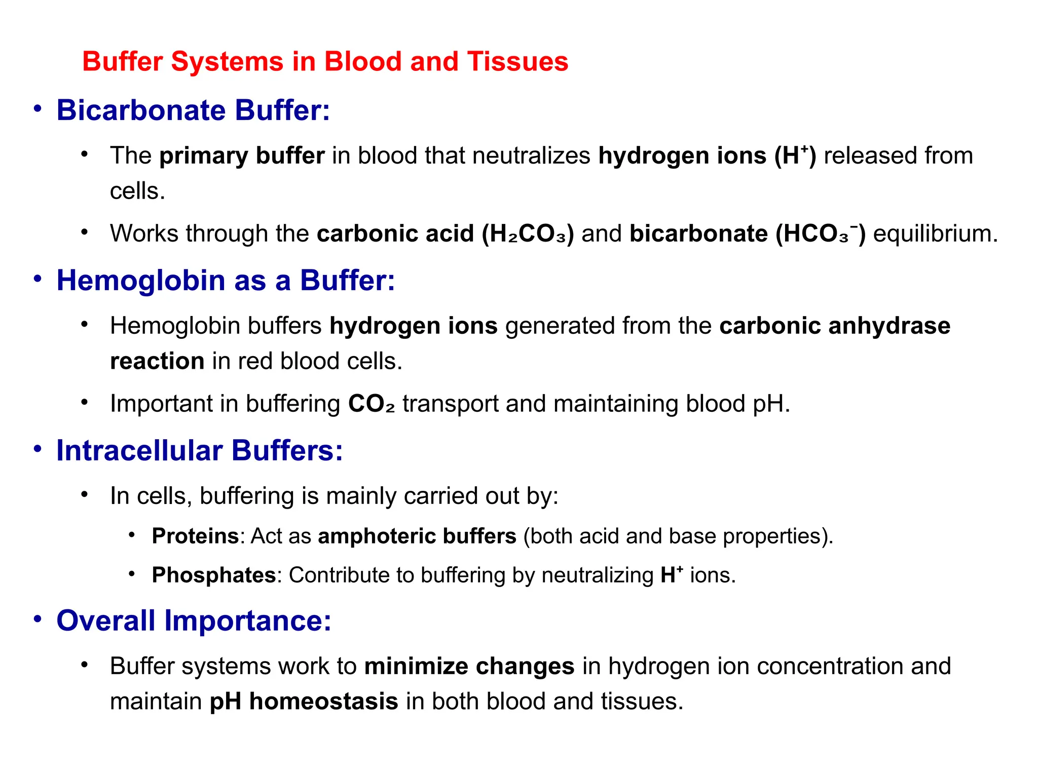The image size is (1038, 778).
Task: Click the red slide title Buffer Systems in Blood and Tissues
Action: pyautogui.click(x=325, y=62)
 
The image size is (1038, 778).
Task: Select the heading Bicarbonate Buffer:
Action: pyautogui.click(x=193, y=110)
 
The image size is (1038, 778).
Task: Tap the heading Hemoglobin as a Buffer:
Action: pyautogui.click(x=226, y=281)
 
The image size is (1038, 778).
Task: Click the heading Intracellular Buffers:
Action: pyautogui.click(x=200, y=451)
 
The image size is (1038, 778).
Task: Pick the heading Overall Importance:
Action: pyautogui.click(x=194, y=621)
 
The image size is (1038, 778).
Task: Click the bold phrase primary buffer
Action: pyautogui.click(x=242, y=156)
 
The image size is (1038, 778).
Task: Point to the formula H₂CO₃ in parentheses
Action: pyautogui.click(x=528, y=234)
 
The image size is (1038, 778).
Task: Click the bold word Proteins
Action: pyautogui.click(x=195, y=536)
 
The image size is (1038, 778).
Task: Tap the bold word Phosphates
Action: pyautogui.click(x=213, y=575)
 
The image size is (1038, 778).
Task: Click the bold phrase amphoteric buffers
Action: pyautogui.click(x=417, y=536)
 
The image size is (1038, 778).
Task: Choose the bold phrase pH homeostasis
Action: pyautogui.click(x=304, y=702)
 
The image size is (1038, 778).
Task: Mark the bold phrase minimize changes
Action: pyautogui.click(x=469, y=667)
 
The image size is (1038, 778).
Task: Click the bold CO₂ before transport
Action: pyautogui.click(x=371, y=404)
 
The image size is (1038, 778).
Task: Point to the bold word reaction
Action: pyautogui.click(x=157, y=362)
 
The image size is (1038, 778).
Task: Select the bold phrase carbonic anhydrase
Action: pyautogui.click(x=834, y=326)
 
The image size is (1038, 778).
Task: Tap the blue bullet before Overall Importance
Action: pyautogui.click(x=38, y=619)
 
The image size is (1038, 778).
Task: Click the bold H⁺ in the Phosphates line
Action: pyautogui.click(x=672, y=575)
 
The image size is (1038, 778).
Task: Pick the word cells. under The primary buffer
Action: pyautogui.click(x=137, y=191)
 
